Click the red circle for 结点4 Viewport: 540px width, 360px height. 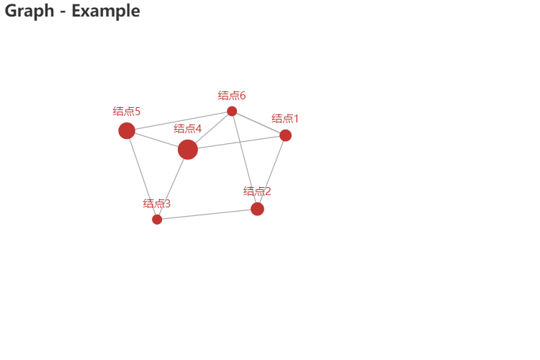(x=188, y=149)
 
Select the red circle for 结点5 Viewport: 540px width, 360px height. (x=127, y=130)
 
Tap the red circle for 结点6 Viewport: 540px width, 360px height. (x=232, y=111)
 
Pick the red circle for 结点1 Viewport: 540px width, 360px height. (x=285, y=135)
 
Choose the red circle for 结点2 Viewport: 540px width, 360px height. (x=257, y=209)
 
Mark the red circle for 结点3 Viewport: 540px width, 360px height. (x=157, y=219)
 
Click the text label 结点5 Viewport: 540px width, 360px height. (x=126, y=111)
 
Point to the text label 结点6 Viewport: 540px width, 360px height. (x=232, y=95)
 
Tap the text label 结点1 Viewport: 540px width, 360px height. (x=285, y=118)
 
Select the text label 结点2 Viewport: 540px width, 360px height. (x=257, y=191)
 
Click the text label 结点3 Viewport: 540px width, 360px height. (x=157, y=204)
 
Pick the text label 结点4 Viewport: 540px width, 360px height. (x=187, y=128)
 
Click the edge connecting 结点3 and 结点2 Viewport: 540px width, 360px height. (x=207, y=214)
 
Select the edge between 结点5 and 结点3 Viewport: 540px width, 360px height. (x=142, y=175)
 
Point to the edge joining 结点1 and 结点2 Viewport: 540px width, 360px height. (x=271, y=171)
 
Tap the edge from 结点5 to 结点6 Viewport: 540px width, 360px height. (x=179, y=121)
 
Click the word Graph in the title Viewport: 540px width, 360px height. (x=30, y=11)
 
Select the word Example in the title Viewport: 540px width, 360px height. (x=106, y=11)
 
